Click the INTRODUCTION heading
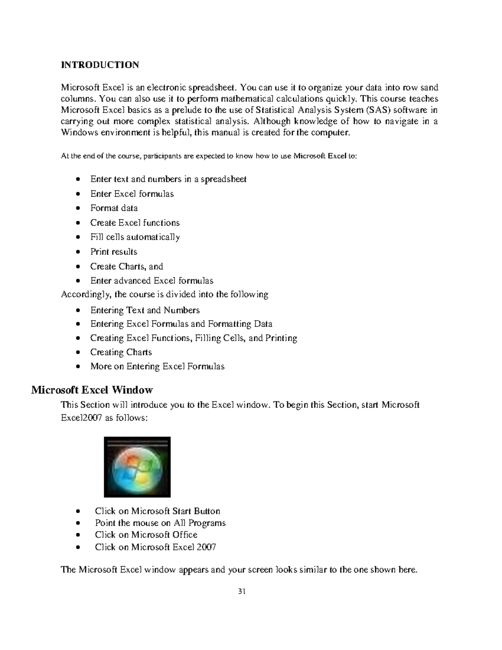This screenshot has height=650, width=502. (100, 65)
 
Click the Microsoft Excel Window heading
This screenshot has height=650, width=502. (92, 390)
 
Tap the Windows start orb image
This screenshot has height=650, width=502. (137, 467)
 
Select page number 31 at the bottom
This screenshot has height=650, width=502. (241, 591)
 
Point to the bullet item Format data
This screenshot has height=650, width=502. (114, 208)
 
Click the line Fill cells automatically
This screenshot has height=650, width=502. (135, 237)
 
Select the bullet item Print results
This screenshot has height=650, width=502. (113, 252)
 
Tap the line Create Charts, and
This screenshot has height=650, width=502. (126, 266)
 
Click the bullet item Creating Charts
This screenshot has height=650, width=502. (121, 352)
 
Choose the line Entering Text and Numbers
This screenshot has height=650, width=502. (145, 310)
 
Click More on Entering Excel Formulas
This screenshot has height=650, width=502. (157, 366)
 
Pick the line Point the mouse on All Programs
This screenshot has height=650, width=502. (160, 523)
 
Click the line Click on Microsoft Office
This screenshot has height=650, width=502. (146, 534)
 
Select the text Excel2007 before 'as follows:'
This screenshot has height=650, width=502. (81, 418)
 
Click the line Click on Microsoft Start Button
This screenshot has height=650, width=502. (157, 511)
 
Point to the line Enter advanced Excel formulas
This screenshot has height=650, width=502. (151, 280)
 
